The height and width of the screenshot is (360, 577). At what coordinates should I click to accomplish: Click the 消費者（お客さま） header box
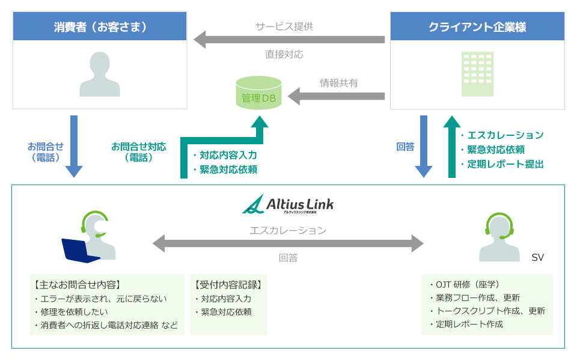pyautogui.click(x=100, y=27)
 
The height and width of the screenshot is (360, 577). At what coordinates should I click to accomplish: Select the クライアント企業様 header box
pyautogui.click(x=477, y=27)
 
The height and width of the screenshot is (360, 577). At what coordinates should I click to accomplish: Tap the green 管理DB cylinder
pyautogui.click(x=260, y=93)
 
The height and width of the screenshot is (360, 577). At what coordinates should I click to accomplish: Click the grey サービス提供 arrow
pyautogui.click(x=288, y=40)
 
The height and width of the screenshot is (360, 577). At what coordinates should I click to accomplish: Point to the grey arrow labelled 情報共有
pyautogui.click(x=336, y=96)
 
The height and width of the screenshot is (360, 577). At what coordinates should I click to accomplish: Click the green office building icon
pyautogui.click(x=477, y=74)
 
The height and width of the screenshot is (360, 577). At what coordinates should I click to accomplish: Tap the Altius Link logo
pyautogui.click(x=288, y=204)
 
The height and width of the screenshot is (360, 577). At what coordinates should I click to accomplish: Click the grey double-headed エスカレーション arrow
pyautogui.click(x=288, y=243)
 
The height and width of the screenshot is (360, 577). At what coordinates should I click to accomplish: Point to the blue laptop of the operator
pyautogui.click(x=79, y=251)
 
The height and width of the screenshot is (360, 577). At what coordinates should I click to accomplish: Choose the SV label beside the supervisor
pyautogui.click(x=537, y=257)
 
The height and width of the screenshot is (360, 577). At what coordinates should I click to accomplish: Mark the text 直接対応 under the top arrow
pyautogui.click(x=284, y=54)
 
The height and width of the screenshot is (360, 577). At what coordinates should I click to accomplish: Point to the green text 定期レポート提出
pyautogui.click(x=505, y=164)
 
